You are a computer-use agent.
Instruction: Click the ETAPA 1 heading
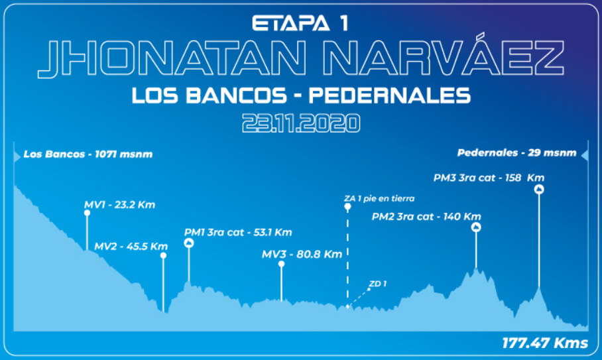click(x=300, y=23)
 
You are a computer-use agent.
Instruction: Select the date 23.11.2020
click(x=300, y=123)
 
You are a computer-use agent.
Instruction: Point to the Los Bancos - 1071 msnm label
click(x=88, y=154)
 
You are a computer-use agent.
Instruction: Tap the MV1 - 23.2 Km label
click(x=119, y=205)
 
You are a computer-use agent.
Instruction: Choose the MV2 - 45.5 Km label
click(x=131, y=246)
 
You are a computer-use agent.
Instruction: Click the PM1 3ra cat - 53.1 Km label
click(x=238, y=233)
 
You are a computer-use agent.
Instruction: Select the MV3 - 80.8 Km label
click(x=302, y=254)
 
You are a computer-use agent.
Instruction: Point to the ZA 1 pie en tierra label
click(x=379, y=198)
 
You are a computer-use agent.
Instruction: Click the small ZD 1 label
click(x=378, y=284)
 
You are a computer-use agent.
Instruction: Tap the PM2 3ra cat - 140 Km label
click(x=426, y=216)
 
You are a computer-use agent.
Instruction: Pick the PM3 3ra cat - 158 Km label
click(x=489, y=178)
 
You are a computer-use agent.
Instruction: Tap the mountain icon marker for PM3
click(x=539, y=190)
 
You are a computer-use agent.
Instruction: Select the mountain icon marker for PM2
click(x=476, y=227)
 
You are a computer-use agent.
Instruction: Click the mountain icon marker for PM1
click(x=189, y=243)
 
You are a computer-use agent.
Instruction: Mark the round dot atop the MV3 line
click(x=281, y=264)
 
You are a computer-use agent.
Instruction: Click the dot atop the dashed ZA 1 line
click(x=347, y=207)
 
